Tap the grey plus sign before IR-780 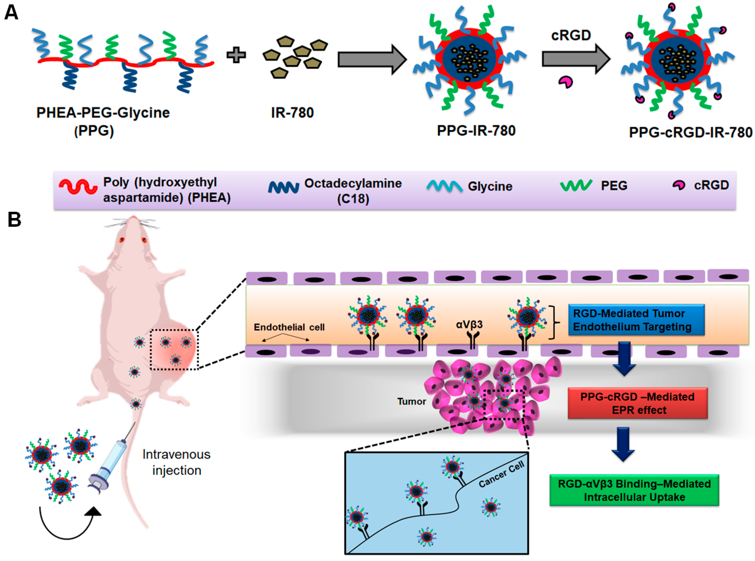[236, 55]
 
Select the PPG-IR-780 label [476, 131]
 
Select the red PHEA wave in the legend [78, 186]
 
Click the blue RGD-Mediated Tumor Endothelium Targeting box [636, 320]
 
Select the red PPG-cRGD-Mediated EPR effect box [637, 403]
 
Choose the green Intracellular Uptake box [634, 490]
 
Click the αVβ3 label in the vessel [469, 325]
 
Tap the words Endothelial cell [289, 327]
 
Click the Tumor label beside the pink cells [412, 401]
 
